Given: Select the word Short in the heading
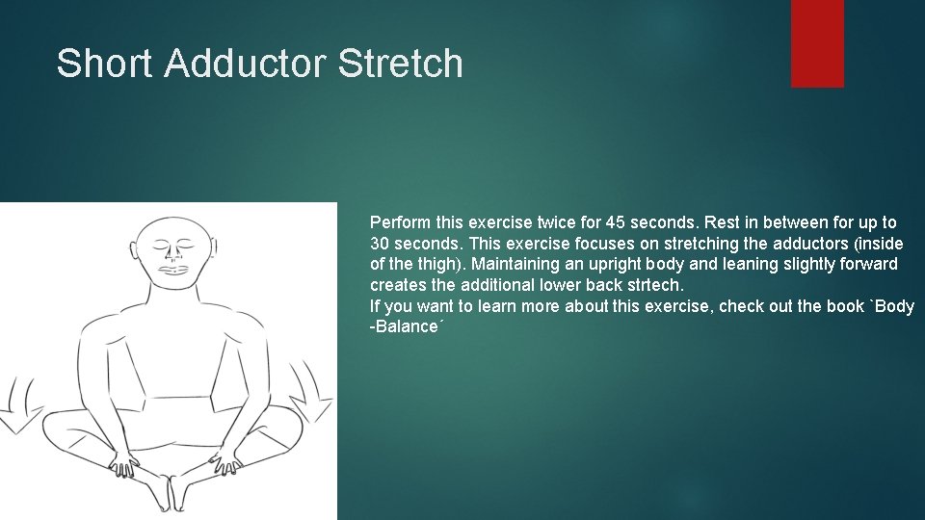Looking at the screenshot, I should pyautogui.click(x=105, y=65).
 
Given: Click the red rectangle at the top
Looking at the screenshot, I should pyautogui.click(x=817, y=43).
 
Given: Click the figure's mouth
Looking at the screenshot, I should pyautogui.click(x=174, y=271).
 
